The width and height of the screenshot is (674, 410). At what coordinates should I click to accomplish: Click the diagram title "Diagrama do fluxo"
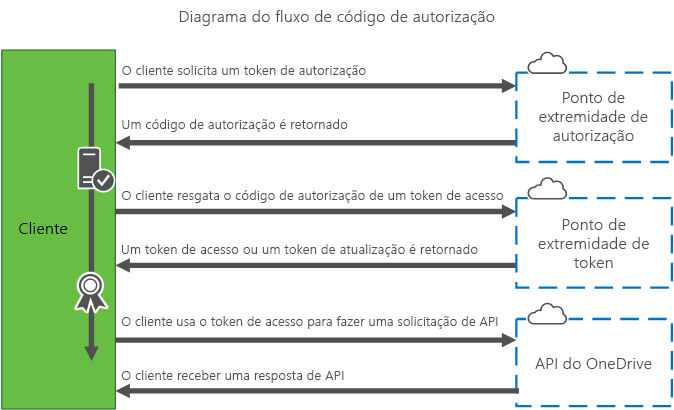(x=336, y=18)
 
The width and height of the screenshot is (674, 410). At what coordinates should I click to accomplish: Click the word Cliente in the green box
(x=43, y=229)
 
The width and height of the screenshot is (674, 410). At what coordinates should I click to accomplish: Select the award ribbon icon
(x=91, y=289)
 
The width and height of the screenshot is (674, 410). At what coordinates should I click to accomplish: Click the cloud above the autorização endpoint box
(x=545, y=64)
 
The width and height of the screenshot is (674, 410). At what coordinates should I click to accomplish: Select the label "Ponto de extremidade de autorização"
(x=593, y=117)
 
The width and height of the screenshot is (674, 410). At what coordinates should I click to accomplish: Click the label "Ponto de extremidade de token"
(x=593, y=243)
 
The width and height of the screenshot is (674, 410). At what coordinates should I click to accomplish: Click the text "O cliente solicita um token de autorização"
(x=243, y=71)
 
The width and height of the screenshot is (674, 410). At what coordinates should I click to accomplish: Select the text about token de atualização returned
(x=299, y=248)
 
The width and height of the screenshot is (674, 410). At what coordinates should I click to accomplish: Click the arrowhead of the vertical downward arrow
(x=91, y=352)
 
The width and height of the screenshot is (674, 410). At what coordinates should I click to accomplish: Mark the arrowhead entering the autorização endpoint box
(x=507, y=87)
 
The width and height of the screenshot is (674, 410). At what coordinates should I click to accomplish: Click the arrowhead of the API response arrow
(x=125, y=391)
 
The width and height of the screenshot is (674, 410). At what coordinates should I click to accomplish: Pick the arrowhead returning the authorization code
(x=125, y=142)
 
